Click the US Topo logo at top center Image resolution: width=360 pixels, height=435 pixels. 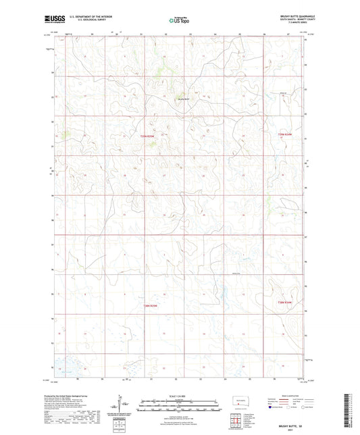179,21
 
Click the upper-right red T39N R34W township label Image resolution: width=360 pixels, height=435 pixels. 287,137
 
